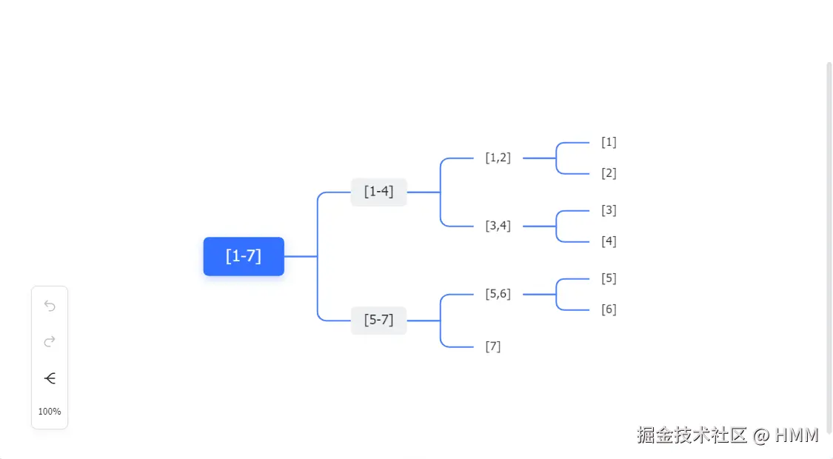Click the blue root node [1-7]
pos(244,256)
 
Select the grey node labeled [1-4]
pos(378,192)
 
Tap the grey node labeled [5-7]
pos(378,321)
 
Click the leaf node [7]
pos(493,346)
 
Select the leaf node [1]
pos(609,142)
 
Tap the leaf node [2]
pos(609,173)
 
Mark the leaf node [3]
pos(609,210)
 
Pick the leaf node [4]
pos(609,241)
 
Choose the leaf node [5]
pos(609,278)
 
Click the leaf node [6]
pos(609,309)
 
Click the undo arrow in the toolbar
pos(50,306)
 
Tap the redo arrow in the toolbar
pos(50,341)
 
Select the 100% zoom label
pos(50,412)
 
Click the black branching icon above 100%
pos(50,378)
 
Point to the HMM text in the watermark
pos(797,435)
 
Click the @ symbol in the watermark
pos(761,435)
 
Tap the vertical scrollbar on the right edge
pos(829,244)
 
